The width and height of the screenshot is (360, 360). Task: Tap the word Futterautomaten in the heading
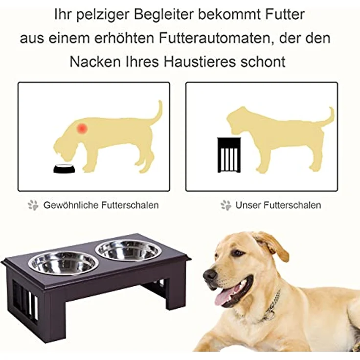pos(205,38)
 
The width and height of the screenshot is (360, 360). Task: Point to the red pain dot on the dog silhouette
pos(82,128)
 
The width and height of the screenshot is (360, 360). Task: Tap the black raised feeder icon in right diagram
pos(228,155)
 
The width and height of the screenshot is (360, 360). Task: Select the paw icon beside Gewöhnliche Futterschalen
pos(33,205)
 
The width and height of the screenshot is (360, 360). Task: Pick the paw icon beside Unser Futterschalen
pos(225,205)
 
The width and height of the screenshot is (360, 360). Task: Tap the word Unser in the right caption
pos(248,205)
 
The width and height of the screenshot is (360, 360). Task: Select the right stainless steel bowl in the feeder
pos(129,250)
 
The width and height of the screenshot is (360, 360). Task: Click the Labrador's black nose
pos(210,275)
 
